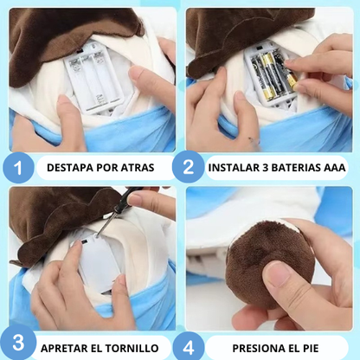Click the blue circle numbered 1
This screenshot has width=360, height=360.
pyautogui.click(x=17, y=166)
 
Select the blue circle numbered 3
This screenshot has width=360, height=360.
pyautogui.click(x=17, y=346)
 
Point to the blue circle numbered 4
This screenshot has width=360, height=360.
pyautogui.click(x=191, y=346)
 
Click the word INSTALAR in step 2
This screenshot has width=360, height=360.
pyautogui.click(x=235, y=167)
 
